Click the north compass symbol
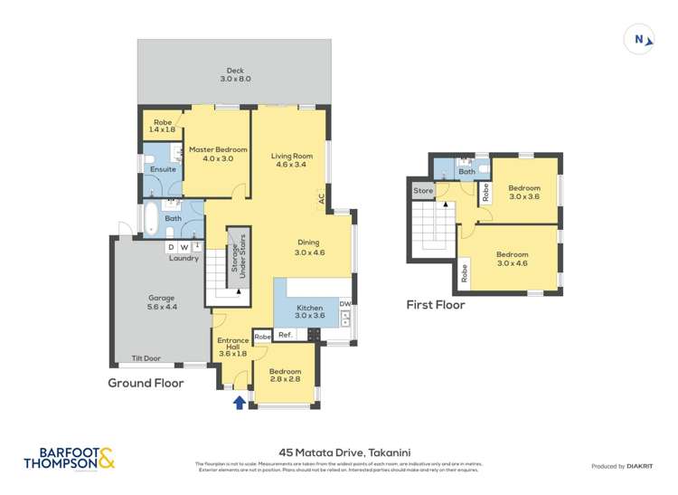(639, 39)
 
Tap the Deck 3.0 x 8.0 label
(235, 75)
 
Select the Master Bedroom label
(217, 154)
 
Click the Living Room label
(290, 160)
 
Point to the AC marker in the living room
(321, 198)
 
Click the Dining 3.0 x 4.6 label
(309, 247)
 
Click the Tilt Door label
(146, 357)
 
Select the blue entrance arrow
(239, 402)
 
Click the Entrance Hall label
(232, 347)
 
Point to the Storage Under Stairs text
(239, 256)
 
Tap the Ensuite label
(163, 169)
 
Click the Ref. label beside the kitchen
(285, 336)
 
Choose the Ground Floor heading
(146, 383)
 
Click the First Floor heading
(436, 305)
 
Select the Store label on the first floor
(423, 191)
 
